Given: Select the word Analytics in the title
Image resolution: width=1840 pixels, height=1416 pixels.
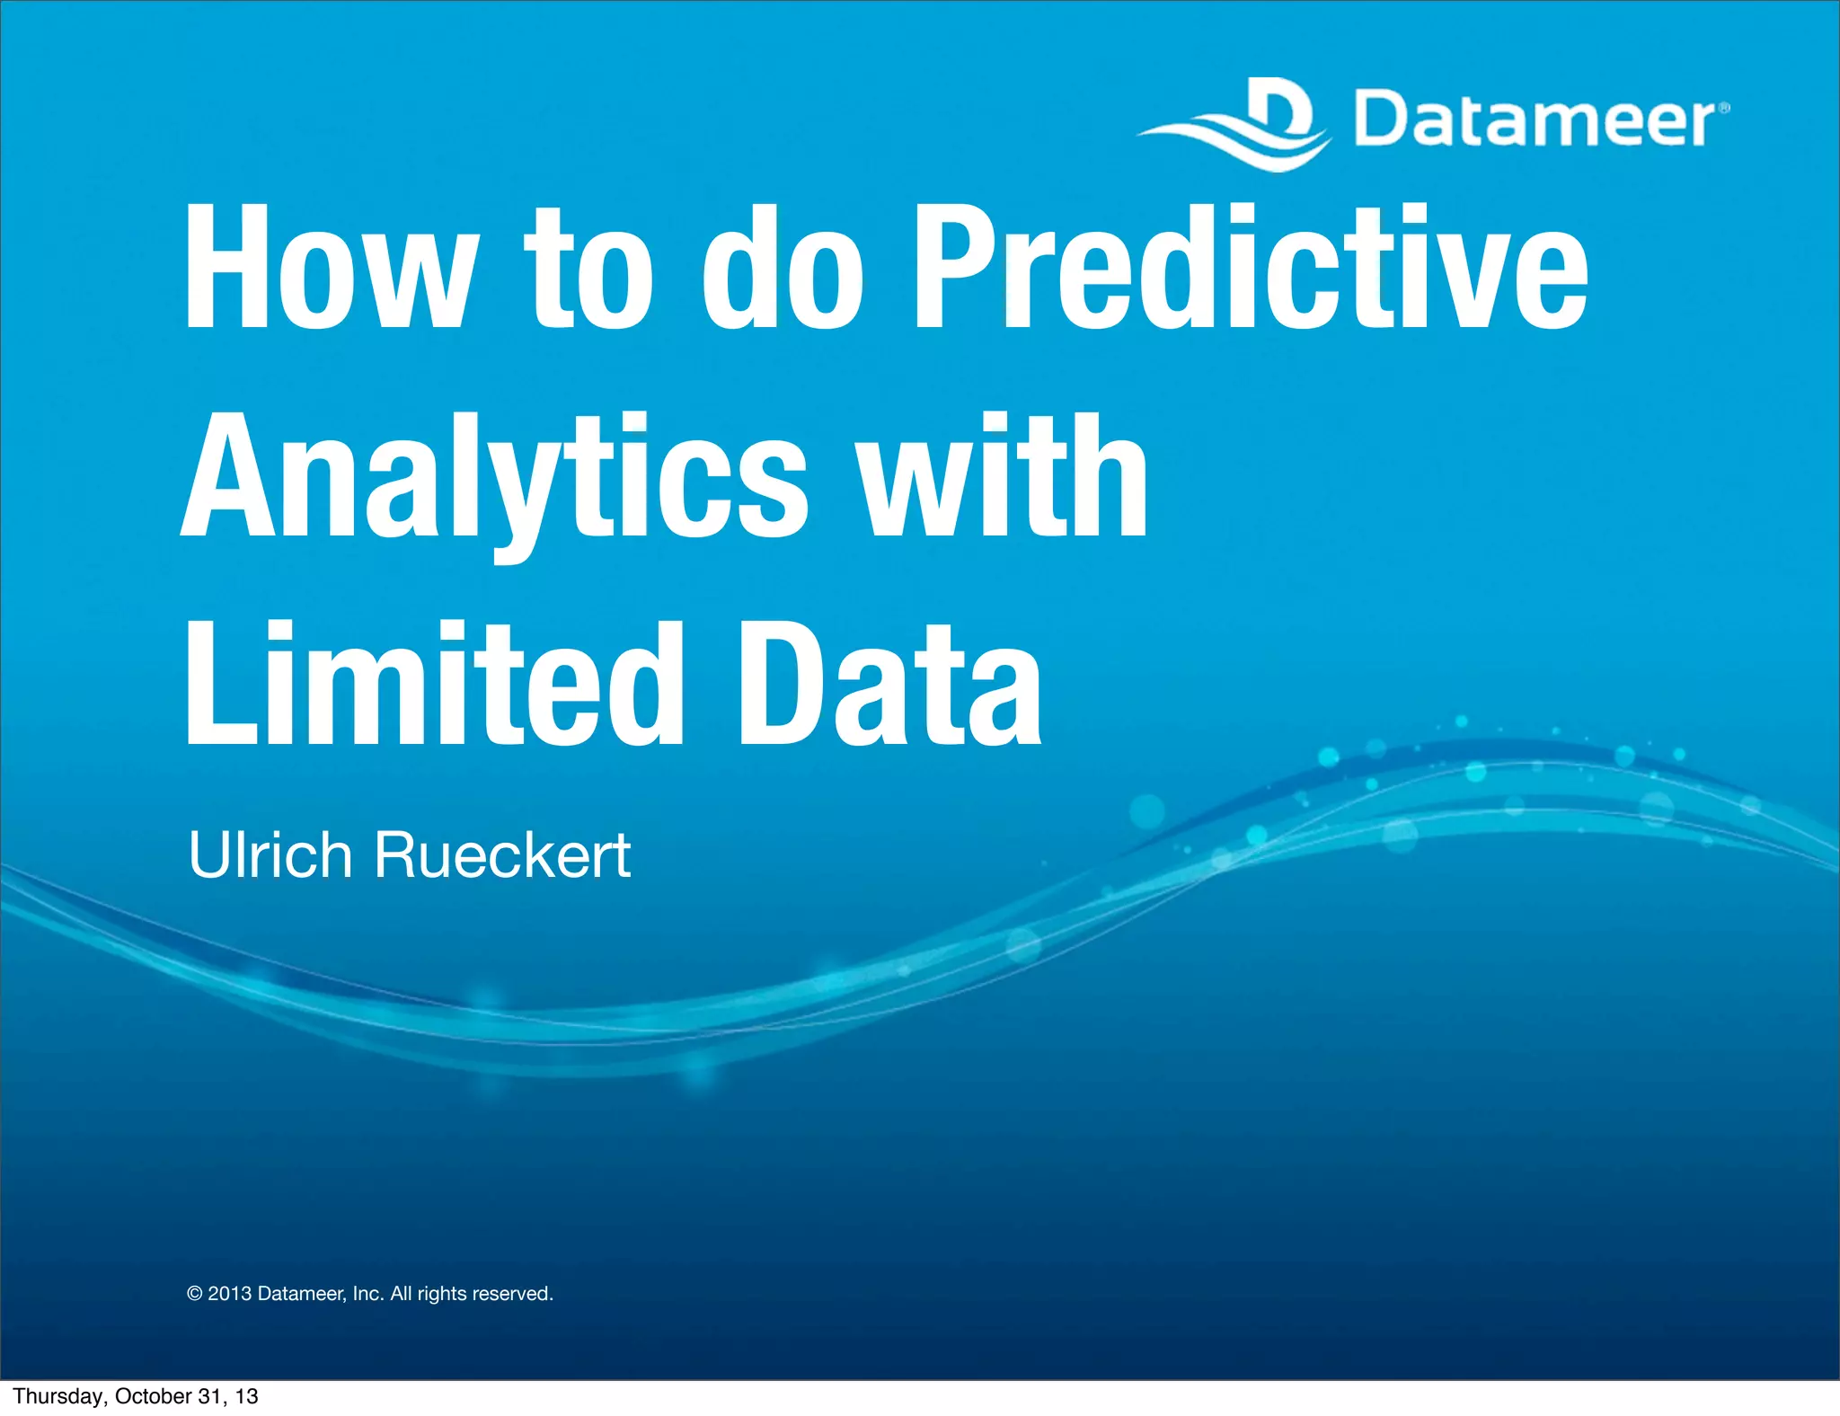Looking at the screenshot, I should coord(494,476).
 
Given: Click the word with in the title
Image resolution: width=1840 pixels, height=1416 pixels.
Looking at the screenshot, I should coord(1002,476).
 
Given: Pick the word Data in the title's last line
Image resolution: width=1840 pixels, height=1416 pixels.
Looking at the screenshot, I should coord(889,685).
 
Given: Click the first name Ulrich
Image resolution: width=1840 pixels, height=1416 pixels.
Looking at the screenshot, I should coord(270,854).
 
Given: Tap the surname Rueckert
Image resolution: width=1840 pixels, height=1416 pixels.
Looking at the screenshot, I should coord(502,854).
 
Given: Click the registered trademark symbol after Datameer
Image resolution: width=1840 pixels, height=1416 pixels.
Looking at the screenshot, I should coord(1723,109).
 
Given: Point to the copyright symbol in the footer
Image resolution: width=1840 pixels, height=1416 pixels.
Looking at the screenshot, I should coord(195,1294).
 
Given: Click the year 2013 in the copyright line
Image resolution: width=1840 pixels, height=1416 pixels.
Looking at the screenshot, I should coord(229,1294).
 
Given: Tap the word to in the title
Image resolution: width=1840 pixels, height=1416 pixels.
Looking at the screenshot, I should coord(588,267).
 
